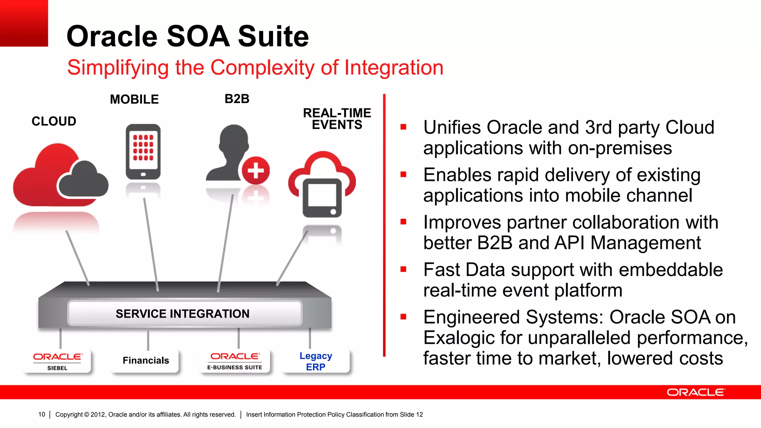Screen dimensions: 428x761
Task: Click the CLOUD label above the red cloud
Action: click(54, 121)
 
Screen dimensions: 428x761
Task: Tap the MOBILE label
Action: click(134, 100)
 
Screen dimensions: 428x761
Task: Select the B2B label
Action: click(237, 99)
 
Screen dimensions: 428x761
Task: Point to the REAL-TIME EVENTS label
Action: click(337, 119)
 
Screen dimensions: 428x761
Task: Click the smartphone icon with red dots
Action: click(143, 152)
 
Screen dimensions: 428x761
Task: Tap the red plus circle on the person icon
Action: click(256, 171)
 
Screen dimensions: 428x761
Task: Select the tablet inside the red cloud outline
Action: click(322, 198)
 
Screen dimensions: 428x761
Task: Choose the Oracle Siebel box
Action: click(57, 361)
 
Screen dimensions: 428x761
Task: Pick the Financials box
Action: click(146, 360)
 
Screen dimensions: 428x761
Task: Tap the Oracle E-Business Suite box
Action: click(235, 361)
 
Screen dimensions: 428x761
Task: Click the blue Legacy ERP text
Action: click(315, 361)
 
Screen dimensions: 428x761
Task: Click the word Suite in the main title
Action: click(273, 36)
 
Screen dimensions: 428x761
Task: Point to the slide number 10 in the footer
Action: click(42, 414)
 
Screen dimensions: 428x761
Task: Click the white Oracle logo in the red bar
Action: click(696, 392)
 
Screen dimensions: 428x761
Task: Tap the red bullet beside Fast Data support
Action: click(404, 269)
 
